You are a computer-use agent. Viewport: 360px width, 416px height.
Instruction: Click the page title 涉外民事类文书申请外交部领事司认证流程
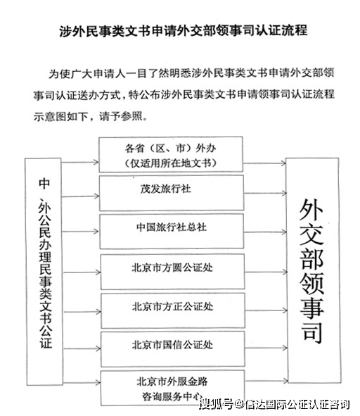[x=184, y=31]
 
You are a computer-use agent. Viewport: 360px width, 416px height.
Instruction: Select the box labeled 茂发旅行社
[x=172, y=193]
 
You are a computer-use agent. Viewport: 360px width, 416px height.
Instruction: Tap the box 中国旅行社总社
[x=172, y=232]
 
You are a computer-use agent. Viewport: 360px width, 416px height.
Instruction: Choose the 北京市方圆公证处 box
[x=172, y=272]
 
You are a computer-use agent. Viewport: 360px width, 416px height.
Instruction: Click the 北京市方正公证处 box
[x=173, y=310]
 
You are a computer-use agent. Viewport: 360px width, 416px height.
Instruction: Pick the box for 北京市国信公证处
[x=173, y=349]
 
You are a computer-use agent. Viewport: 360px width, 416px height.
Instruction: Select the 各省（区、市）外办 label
[x=170, y=148]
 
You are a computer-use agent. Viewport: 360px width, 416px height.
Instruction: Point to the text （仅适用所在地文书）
[x=170, y=163]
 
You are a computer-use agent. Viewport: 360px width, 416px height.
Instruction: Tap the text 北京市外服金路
[x=172, y=382]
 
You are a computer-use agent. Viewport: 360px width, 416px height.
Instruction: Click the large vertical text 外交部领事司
[x=311, y=270]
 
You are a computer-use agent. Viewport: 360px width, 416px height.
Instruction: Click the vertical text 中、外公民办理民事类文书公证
[x=45, y=263]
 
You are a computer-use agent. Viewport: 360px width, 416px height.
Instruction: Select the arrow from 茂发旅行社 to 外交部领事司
[x=265, y=193]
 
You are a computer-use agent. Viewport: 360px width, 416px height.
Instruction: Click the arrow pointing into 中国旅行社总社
[x=80, y=232]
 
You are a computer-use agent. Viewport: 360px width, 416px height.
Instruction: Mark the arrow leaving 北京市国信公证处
[x=266, y=348]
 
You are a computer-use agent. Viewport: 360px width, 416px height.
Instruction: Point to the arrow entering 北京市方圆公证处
[x=82, y=272]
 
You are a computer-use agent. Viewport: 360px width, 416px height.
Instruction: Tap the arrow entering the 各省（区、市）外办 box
[x=80, y=162]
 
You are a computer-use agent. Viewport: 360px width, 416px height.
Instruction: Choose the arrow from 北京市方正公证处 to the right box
[x=266, y=310]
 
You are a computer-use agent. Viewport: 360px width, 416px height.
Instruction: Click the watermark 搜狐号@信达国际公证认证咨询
[x=275, y=404]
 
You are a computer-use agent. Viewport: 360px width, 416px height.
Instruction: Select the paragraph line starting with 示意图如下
[x=91, y=116]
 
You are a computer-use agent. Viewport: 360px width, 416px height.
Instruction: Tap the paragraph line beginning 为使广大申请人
[x=191, y=73]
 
